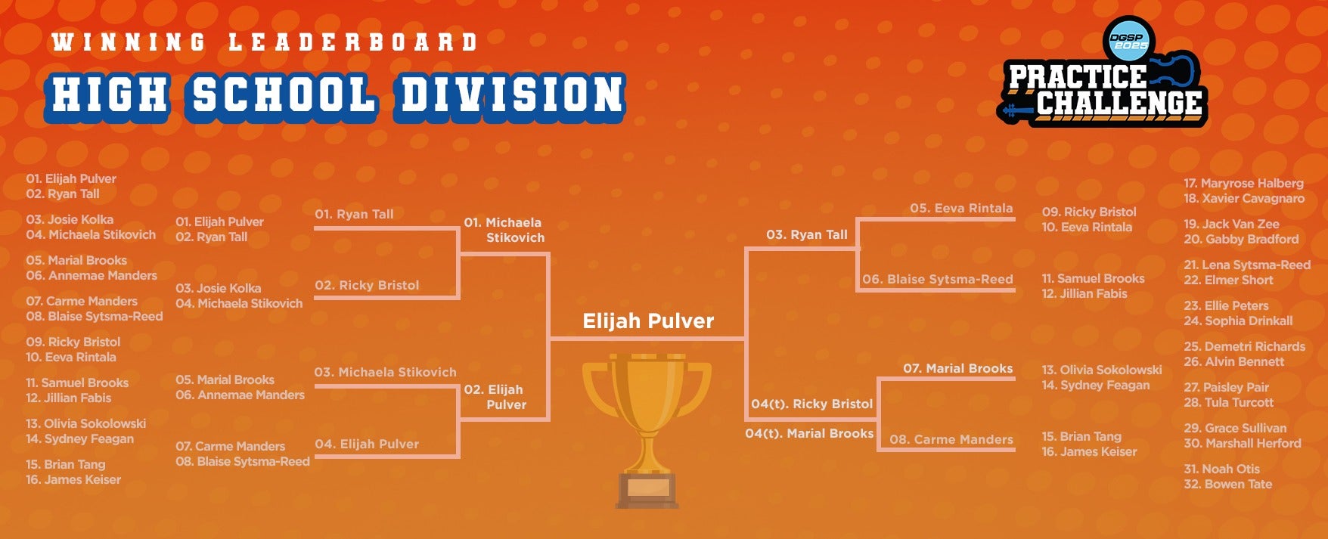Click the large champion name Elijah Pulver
point(648,321)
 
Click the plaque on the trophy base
point(647,488)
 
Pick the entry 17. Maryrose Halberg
point(1243,183)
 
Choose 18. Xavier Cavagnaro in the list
point(1244,198)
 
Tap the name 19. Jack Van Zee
point(1231,224)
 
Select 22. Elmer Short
point(1228,280)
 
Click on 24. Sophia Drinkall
point(1238,321)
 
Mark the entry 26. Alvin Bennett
point(1233,361)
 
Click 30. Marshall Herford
point(1242,443)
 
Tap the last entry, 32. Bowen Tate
point(1227,484)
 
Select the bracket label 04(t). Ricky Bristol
point(811,404)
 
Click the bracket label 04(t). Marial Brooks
point(809,433)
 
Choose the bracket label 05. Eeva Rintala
point(961,208)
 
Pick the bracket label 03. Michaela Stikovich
point(385,372)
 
